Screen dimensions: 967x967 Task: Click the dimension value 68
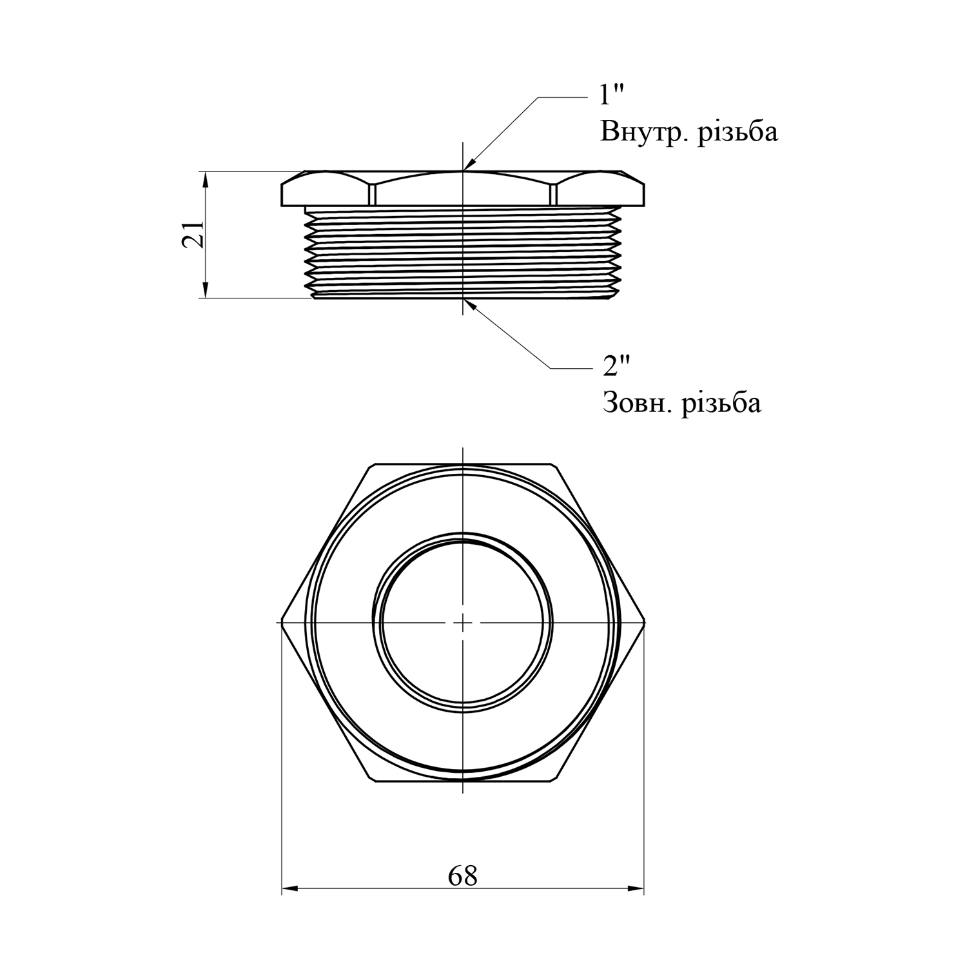click(463, 875)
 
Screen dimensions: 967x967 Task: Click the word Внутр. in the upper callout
click(645, 132)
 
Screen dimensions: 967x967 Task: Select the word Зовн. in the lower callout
click(638, 403)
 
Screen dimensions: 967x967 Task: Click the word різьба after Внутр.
click(738, 132)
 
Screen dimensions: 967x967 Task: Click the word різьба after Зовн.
click(722, 403)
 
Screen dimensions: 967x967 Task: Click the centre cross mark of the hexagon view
click(463, 623)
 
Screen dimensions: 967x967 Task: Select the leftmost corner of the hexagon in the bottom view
click(282, 623)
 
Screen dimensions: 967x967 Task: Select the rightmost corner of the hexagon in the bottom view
click(645, 623)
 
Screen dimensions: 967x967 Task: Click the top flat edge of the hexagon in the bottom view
click(463, 464)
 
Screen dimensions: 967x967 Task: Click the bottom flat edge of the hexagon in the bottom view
click(463, 781)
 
